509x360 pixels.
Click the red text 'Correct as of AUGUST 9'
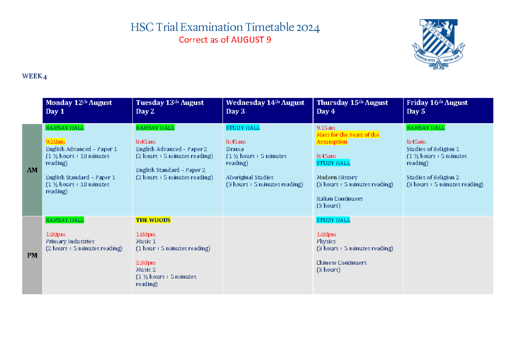coord(225,40)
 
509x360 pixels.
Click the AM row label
coord(32,170)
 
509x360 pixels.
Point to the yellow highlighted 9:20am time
coord(56,142)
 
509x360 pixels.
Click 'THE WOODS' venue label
coord(153,220)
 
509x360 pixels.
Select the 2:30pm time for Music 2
coord(145,263)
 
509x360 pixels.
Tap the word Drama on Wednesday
coord(235,149)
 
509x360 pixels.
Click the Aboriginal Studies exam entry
coord(250,177)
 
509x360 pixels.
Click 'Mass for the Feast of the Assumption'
coord(347,138)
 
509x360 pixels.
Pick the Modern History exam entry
coord(337,177)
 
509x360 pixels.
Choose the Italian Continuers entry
coord(339,198)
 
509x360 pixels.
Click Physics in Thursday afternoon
coord(326,241)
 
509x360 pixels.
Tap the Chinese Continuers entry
coord(341,262)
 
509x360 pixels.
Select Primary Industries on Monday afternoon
coord(70,241)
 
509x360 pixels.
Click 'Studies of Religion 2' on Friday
coord(433,177)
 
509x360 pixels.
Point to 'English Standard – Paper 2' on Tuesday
coord(171,170)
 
